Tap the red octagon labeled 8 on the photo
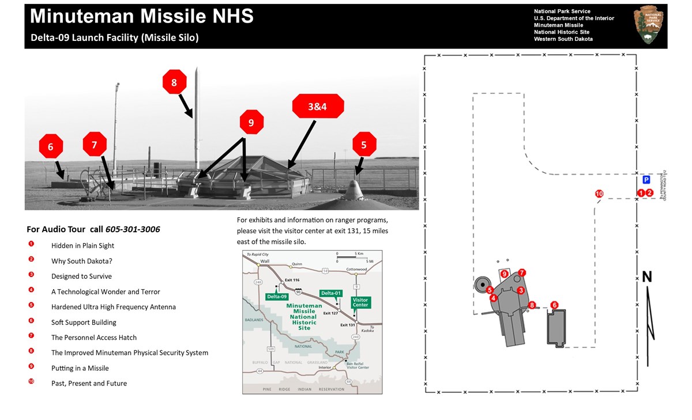point(174,82)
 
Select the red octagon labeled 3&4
point(318,107)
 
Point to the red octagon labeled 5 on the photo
point(364,145)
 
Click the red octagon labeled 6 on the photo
point(51,147)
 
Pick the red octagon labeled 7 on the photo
point(95,144)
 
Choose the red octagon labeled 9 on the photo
point(251,122)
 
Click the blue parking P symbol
point(646,180)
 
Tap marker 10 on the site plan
point(599,194)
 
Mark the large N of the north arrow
point(647,277)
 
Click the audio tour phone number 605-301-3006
point(133,229)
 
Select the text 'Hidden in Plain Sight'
point(82,245)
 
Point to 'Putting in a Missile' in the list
point(80,368)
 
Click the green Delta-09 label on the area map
point(277,296)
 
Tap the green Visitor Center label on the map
point(360,302)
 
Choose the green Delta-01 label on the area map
point(332,293)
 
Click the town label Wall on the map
point(265,261)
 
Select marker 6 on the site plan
point(555,305)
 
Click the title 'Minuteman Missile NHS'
point(142,17)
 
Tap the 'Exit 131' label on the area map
point(348,325)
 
